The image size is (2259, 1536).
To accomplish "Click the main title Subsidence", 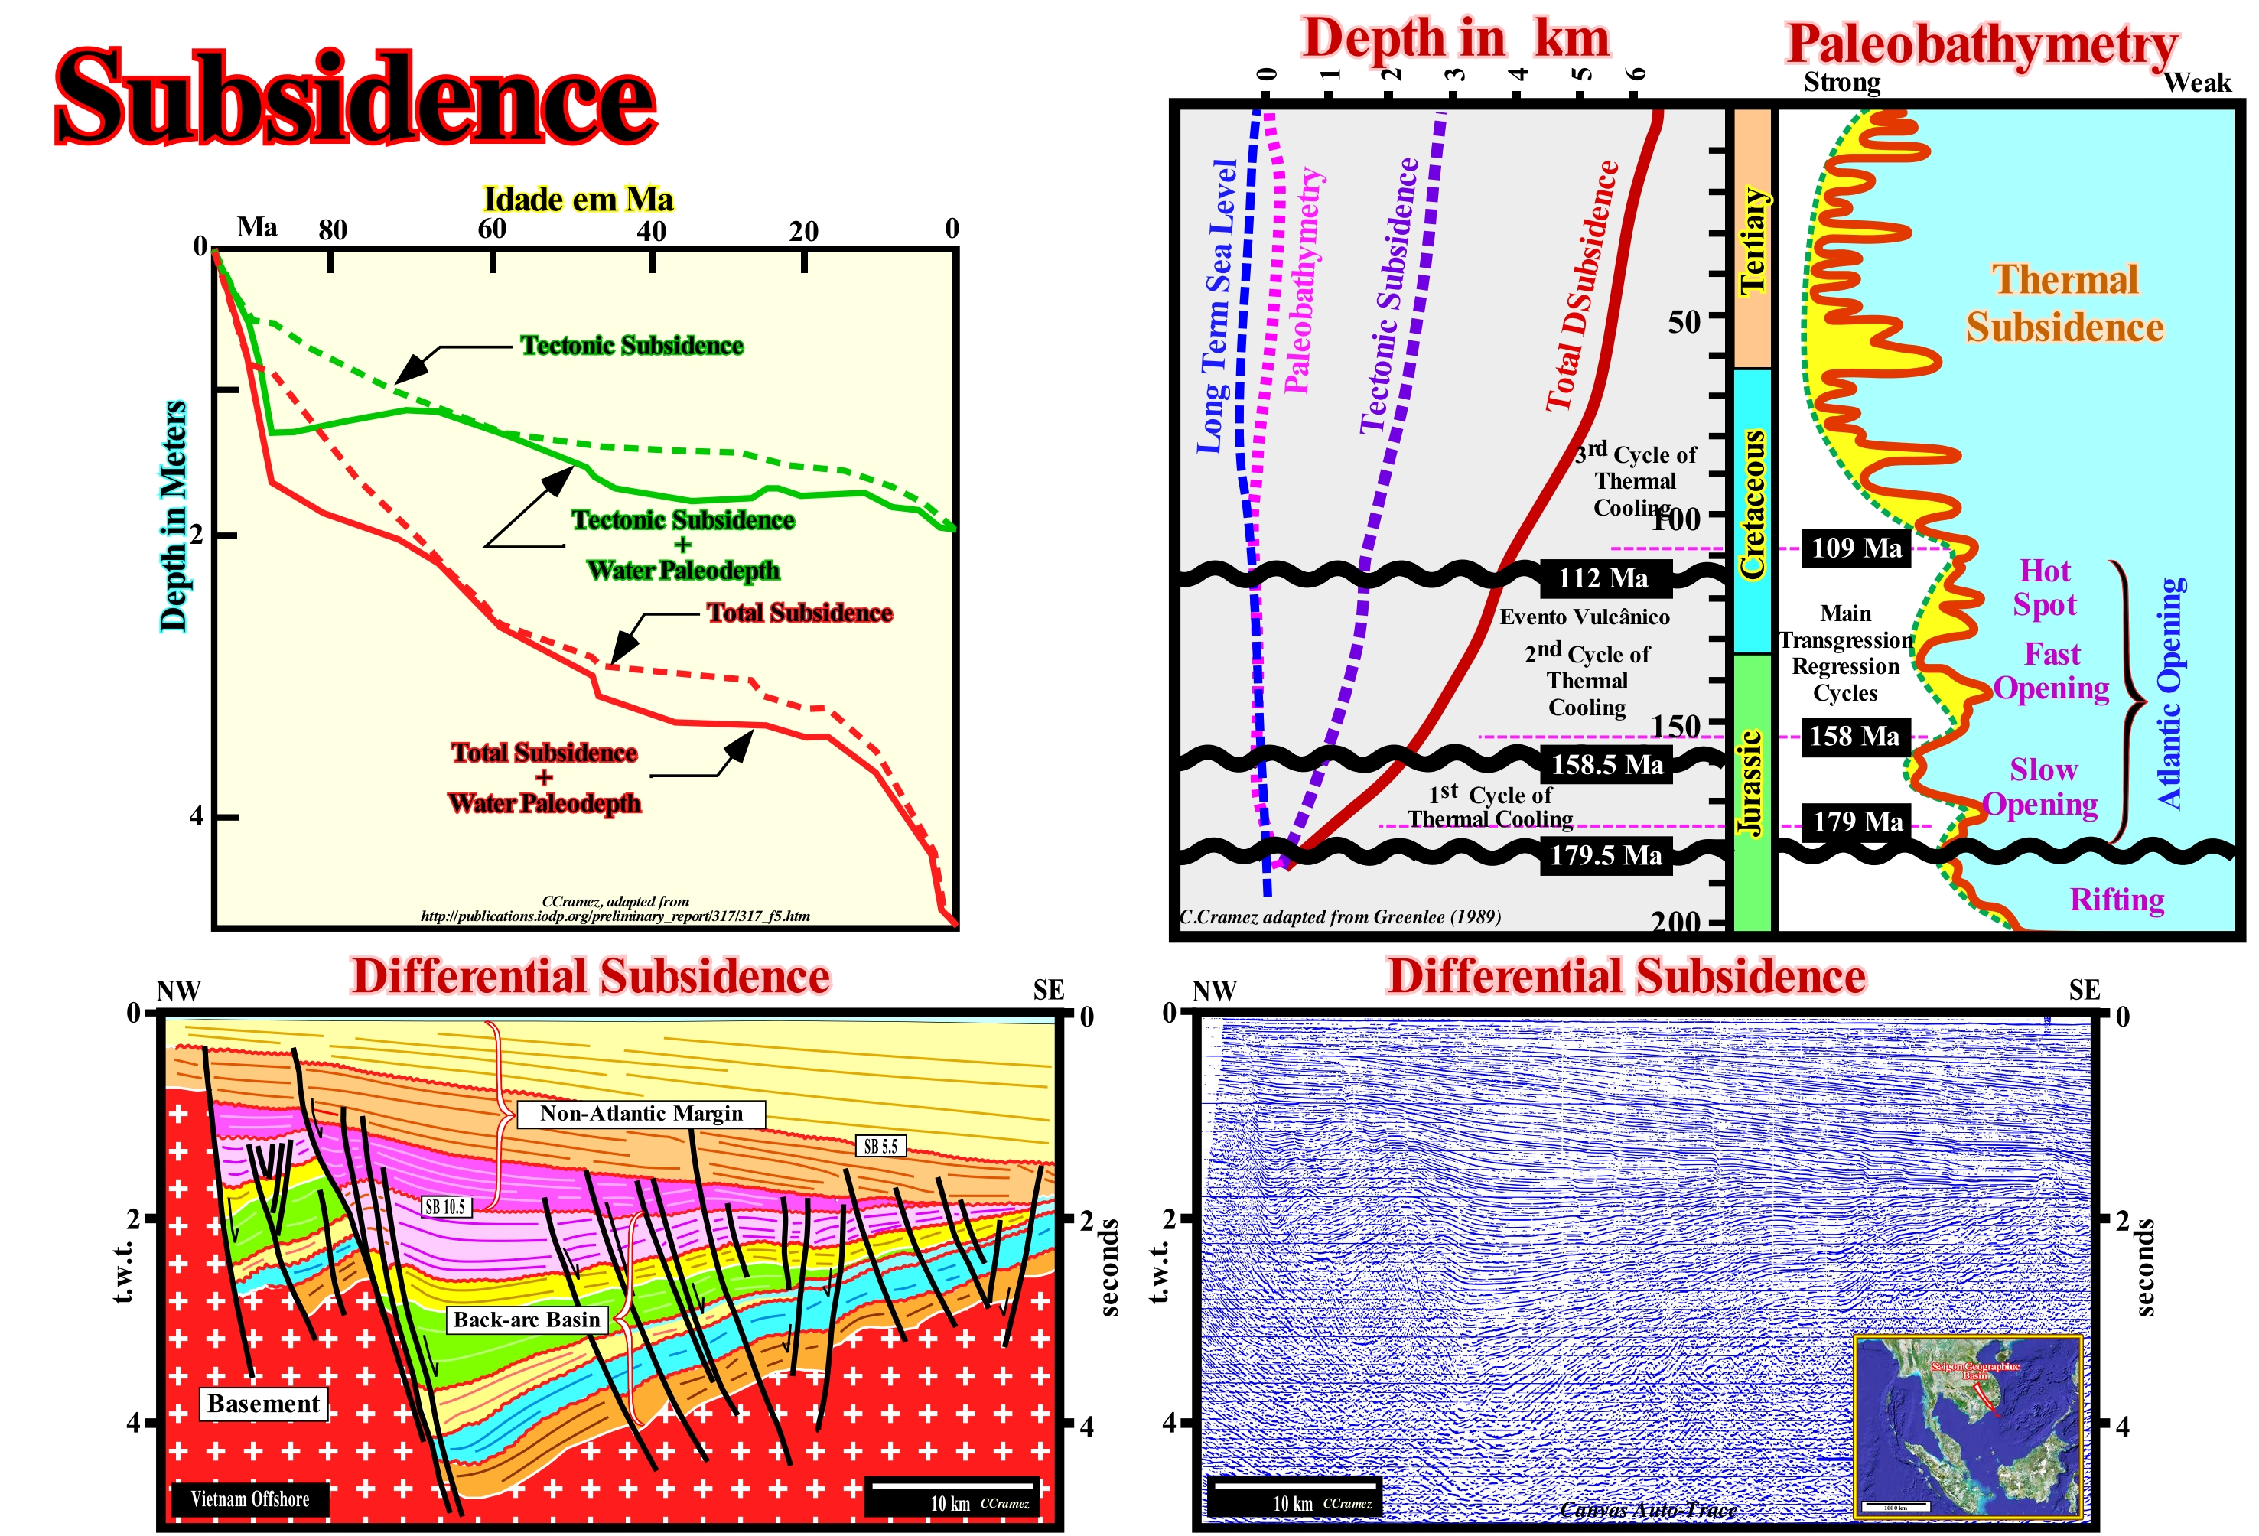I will point(356,97).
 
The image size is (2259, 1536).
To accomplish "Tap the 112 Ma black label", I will point(1602,578).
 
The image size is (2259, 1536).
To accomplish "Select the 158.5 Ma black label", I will point(1606,764).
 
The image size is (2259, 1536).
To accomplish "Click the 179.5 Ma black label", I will point(1605,855).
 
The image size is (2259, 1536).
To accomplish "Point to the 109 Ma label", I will point(1856,548).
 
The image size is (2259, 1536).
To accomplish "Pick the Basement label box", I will point(263,1404).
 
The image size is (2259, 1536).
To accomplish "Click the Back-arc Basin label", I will point(527,1320).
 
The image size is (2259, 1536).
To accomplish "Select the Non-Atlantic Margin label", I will point(640,1113).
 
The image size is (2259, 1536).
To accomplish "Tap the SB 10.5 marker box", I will point(445,1206).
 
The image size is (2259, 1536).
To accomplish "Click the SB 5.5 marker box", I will point(880,1146).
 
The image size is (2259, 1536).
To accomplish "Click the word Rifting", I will point(2116,900).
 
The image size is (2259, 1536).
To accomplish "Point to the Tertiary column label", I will point(1752,241).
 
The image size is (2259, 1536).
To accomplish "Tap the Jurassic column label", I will point(1750,783).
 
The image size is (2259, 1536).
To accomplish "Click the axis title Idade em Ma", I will point(578,200).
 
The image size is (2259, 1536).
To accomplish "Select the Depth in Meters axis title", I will point(173,516).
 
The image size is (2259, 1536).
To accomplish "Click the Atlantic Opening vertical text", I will point(2170,692).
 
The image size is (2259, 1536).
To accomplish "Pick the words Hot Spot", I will point(2045,587).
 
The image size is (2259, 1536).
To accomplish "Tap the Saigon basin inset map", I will point(1968,1426).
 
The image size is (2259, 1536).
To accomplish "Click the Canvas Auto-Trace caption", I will point(1648,1510).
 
